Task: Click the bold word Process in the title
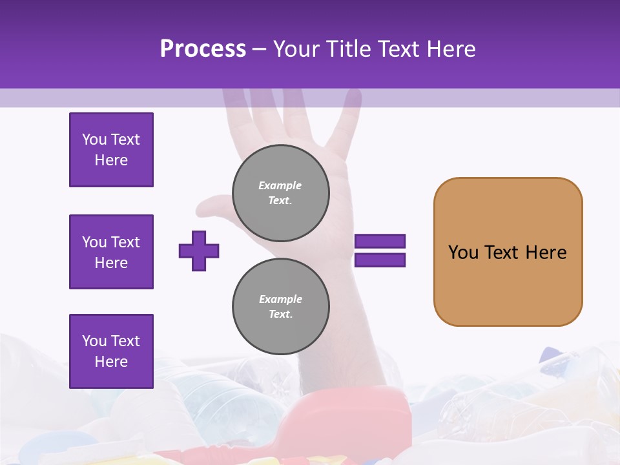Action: tap(203, 48)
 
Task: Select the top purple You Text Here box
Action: tap(111, 150)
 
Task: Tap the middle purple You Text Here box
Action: tap(111, 252)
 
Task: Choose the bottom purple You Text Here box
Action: tap(111, 351)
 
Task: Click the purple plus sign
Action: tap(199, 251)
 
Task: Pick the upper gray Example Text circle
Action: tap(280, 193)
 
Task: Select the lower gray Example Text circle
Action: tap(280, 307)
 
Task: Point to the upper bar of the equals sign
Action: tap(380, 241)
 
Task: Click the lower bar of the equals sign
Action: tap(380, 260)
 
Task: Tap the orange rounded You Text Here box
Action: tap(508, 252)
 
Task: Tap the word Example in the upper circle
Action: tap(280, 185)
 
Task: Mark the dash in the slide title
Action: tap(260, 49)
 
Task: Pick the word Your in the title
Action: tap(298, 48)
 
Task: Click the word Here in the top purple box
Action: tap(111, 160)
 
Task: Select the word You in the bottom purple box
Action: tap(94, 341)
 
